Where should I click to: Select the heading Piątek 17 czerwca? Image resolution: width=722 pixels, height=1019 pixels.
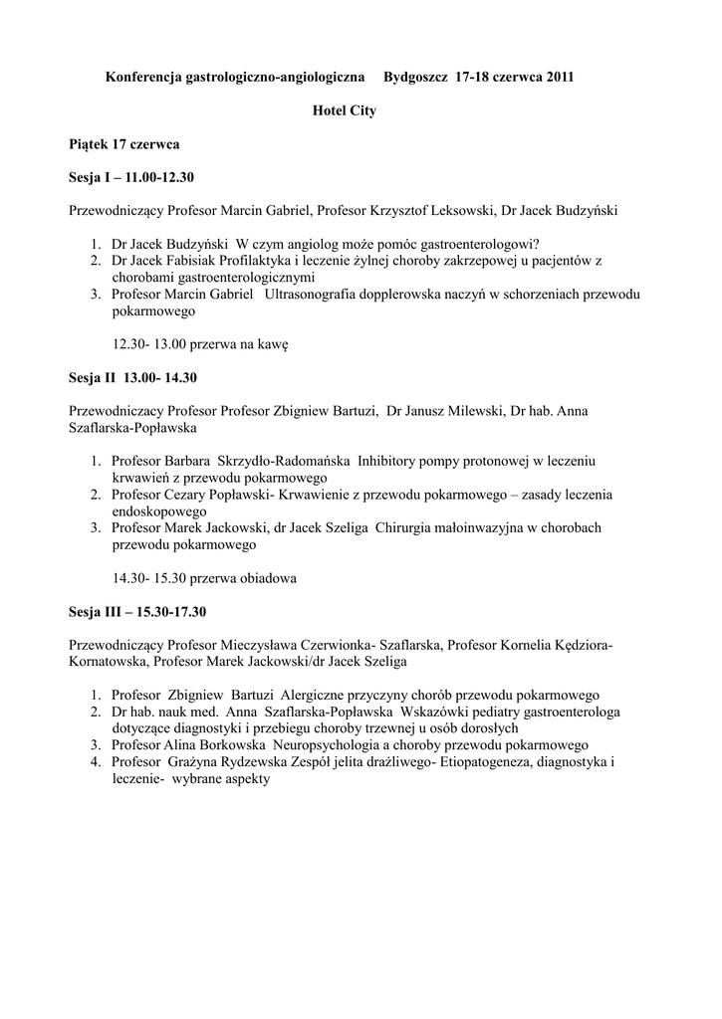(x=124, y=144)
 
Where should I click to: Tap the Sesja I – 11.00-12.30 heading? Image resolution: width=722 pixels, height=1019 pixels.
(x=131, y=178)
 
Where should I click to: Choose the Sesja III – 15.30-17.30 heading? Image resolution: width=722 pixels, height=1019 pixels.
(x=138, y=610)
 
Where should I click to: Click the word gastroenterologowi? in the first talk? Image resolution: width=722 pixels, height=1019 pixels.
(x=474, y=245)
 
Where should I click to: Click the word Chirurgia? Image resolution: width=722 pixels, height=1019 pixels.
(x=407, y=527)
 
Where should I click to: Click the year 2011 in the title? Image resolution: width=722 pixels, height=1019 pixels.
(x=559, y=77)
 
